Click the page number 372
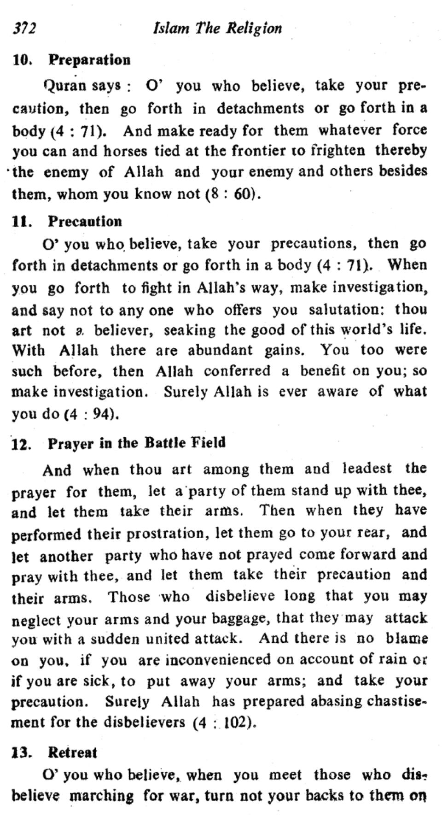pos(24,29)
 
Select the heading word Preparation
pos(89,60)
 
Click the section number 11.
pos(22,222)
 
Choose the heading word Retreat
pos(72,753)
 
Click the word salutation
pos(347,309)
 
